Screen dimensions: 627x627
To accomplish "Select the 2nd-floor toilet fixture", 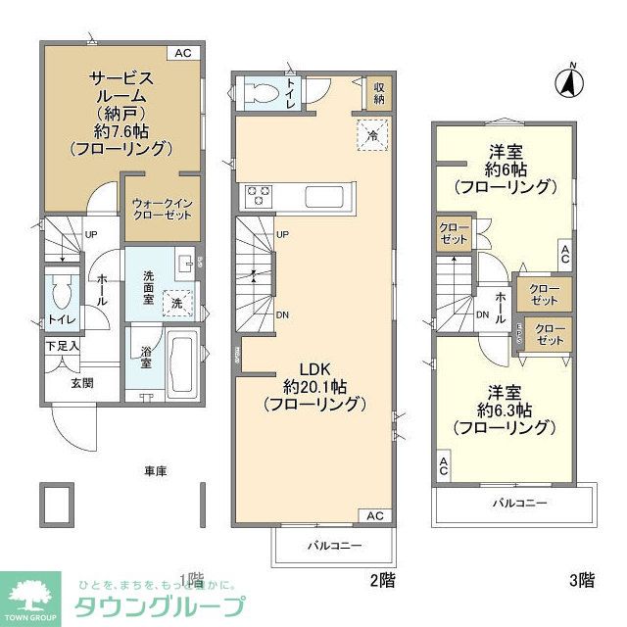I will (x=262, y=92).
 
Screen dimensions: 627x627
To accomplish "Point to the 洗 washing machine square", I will (x=176, y=305).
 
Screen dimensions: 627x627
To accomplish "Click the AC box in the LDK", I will (x=375, y=515).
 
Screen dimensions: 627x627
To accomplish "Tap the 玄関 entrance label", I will (x=81, y=382).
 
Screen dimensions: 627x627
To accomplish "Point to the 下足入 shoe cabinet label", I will (x=61, y=346).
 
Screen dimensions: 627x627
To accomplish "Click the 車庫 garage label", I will (x=155, y=471).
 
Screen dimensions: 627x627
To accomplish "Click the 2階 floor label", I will (x=382, y=580).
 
